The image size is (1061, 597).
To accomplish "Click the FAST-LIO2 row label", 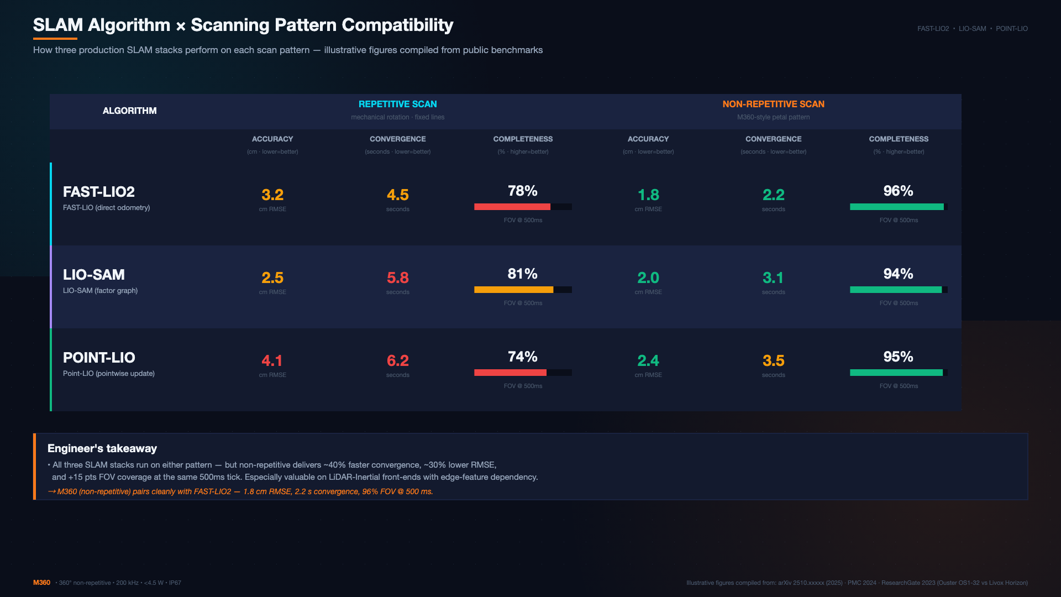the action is (x=99, y=192).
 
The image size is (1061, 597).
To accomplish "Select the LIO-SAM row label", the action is (x=94, y=275).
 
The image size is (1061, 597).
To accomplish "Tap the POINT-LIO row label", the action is (x=99, y=358).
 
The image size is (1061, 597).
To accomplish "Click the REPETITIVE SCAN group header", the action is (x=398, y=104).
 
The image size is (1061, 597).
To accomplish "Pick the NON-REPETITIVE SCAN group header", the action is (x=774, y=104).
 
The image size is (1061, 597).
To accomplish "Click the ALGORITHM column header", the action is (x=130, y=111).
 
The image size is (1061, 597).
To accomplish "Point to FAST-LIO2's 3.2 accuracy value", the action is (x=272, y=195).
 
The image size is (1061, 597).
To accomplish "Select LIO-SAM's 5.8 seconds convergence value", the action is (x=398, y=277).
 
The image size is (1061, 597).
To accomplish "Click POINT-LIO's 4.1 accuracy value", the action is (x=272, y=360).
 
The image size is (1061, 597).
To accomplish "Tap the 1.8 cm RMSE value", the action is (x=648, y=195).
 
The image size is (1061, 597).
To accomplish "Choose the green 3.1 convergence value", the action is (x=774, y=277).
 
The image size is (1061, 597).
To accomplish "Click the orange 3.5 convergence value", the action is (x=774, y=360).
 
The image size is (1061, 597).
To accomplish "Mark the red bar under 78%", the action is (x=512, y=207).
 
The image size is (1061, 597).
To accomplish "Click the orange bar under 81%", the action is (x=514, y=290).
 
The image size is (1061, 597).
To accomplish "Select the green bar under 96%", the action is (x=897, y=207).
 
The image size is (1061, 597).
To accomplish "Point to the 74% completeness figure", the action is (x=523, y=357).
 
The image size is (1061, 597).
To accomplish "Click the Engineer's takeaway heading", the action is (x=102, y=448).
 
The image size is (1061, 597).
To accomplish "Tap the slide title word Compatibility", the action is (x=397, y=25).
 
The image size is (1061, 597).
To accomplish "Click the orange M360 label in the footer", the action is (x=41, y=583).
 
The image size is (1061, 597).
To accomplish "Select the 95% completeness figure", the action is (x=899, y=357).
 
